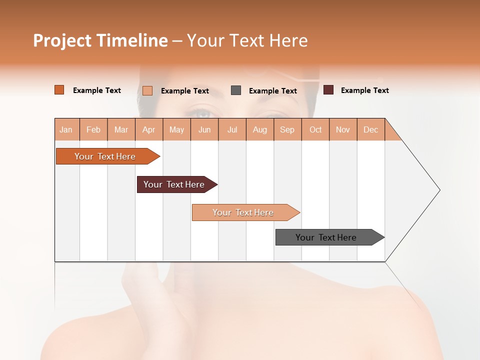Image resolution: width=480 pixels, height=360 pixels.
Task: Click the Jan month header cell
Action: (66, 129)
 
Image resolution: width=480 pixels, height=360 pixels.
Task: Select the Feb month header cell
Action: (93, 129)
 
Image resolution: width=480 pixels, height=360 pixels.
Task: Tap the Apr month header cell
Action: (149, 129)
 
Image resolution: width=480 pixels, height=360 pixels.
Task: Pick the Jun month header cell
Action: (204, 129)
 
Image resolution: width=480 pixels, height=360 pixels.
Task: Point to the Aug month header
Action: (260, 129)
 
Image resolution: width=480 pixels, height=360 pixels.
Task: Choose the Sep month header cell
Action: (287, 129)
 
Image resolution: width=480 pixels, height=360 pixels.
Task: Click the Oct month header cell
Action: (315, 129)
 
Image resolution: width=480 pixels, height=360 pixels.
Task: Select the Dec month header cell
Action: (371, 129)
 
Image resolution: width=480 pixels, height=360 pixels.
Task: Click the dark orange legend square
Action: (59, 90)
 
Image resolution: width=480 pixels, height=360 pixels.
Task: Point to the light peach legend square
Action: (147, 90)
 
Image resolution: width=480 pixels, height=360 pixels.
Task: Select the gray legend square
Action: (236, 90)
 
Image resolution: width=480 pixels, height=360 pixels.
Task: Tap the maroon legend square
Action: (328, 90)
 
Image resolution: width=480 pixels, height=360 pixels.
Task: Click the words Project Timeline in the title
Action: (100, 40)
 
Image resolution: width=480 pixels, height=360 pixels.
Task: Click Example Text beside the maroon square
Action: (364, 90)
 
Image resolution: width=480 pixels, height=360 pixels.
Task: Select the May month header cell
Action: (176, 129)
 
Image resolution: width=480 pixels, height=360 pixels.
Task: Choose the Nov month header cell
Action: (343, 129)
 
